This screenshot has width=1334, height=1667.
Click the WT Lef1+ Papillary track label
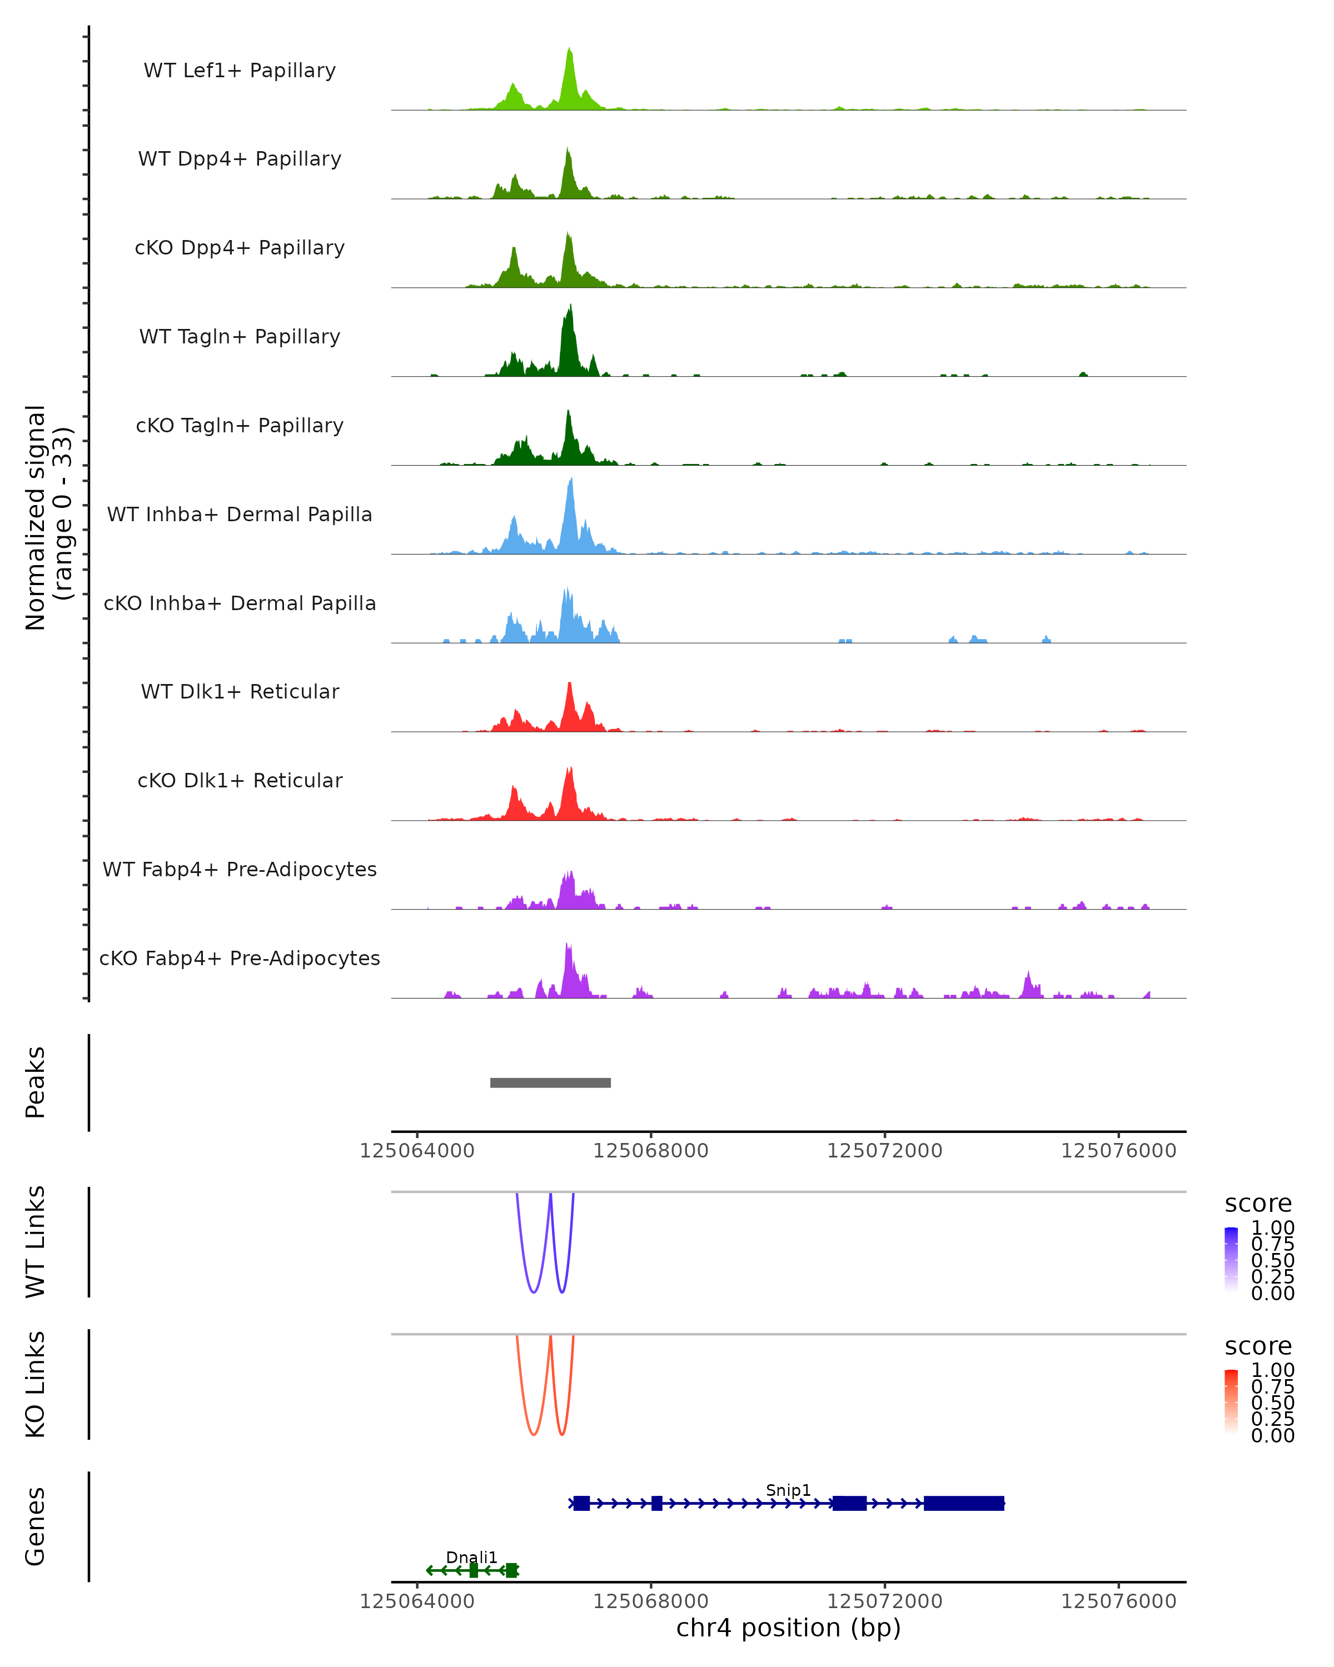(240, 71)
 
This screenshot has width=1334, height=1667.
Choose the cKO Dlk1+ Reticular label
(240, 780)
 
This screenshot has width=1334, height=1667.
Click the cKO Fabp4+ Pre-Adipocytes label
(240, 958)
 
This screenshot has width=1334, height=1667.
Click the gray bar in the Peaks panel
(551, 1082)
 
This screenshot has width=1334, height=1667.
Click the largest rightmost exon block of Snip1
(964, 1503)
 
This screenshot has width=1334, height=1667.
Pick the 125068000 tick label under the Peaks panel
(650, 1151)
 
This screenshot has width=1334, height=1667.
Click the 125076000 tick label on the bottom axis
(1118, 1601)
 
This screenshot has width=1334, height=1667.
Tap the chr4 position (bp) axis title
(788, 1628)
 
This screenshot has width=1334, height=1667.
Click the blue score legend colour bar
(1231, 1260)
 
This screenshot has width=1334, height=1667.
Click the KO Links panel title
(36, 1384)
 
